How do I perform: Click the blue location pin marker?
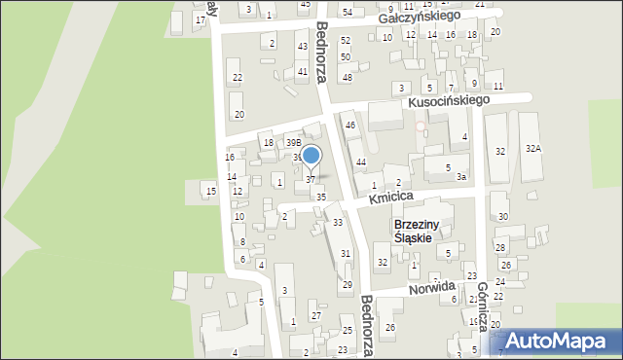point(311,156)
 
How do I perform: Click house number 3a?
point(462,177)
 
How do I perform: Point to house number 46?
point(350,126)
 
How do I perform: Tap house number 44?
point(360,162)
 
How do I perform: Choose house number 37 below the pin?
point(311,180)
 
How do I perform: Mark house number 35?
point(321,197)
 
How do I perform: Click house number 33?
point(338,223)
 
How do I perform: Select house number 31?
point(345,253)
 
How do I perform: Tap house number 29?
point(348,285)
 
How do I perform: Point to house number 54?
point(347,12)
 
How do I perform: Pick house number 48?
point(347,77)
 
